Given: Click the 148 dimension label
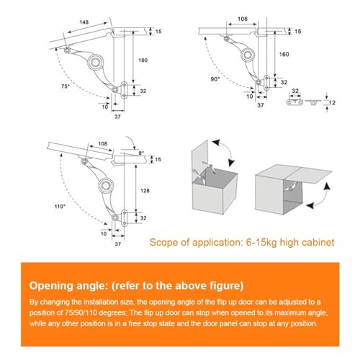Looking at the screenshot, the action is pos(84,22).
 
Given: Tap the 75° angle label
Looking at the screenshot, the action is pos(66,86).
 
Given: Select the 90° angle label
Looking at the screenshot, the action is pos(215,79).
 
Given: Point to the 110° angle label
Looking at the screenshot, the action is pos(60,207).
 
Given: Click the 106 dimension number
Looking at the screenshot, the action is pos(243,19).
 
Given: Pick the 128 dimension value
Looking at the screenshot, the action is pos(145,191).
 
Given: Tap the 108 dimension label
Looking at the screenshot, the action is pos(103,143).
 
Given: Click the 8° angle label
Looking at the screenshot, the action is pos(141,153).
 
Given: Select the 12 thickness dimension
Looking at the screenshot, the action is pos(332,103).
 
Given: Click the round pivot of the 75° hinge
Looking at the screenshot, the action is pos(95,62).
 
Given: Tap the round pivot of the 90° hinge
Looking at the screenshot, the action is pos(248,55).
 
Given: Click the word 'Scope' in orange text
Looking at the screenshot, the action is pos(164,243).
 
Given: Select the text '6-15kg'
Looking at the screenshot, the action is pos(261,243).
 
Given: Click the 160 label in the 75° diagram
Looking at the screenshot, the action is pos(143,60).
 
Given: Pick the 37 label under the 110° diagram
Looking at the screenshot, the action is pos(117,244).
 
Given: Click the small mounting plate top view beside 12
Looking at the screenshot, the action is pos(294,102).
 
